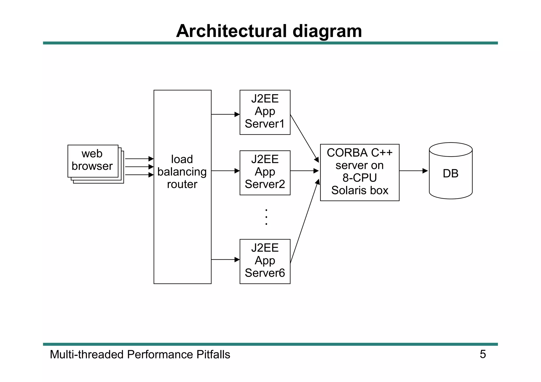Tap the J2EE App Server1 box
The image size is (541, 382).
(x=265, y=112)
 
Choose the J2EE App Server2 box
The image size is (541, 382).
(x=265, y=173)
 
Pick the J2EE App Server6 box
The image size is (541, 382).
(x=265, y=261)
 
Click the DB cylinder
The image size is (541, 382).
(x=450, y=173)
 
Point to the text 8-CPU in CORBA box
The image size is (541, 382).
(x=360, y=178)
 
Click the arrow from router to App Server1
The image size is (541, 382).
(x=225, y=114)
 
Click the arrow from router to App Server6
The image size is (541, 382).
(x=225, y=260)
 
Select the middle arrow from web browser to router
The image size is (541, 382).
(x=139, y=167)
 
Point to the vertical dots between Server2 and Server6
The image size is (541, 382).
(x=266, y=217)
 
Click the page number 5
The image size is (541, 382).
(x=483, y=354)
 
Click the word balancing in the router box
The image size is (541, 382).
(x=182, y=172)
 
